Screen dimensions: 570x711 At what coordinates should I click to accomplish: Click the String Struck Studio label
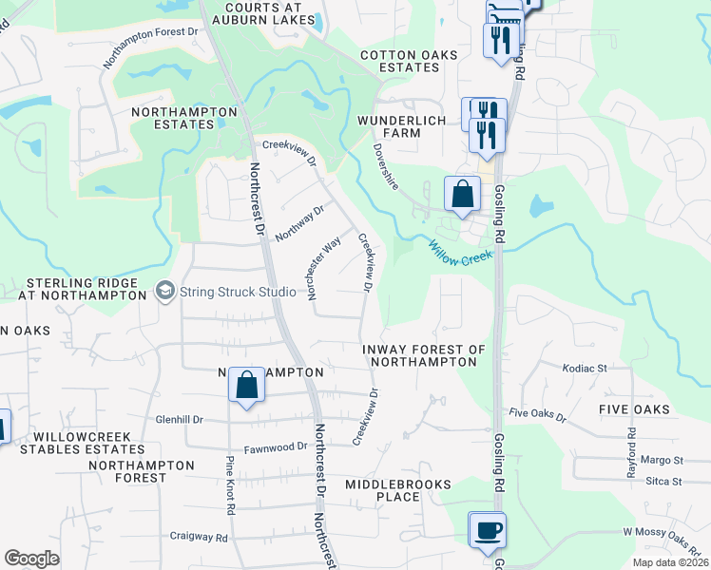[238, 292]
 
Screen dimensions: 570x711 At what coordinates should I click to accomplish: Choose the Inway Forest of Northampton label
[424, 355]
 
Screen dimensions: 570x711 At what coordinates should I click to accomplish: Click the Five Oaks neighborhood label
[634, 408]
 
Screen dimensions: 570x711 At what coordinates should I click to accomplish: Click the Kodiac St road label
[585, 368]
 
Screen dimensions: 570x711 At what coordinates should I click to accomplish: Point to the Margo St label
[663, 460]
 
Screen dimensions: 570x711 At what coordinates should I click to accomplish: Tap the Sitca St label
[663, 482]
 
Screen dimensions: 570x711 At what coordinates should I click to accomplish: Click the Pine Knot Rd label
[230, 485]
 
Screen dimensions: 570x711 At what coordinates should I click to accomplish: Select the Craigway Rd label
[199, 537]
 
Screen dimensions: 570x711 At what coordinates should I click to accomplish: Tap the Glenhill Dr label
[180, 419]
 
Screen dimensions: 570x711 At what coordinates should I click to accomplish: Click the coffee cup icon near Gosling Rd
[488, 531]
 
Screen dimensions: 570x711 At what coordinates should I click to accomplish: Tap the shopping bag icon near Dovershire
[462, 194]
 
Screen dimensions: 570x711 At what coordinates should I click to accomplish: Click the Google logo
[32, 559]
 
